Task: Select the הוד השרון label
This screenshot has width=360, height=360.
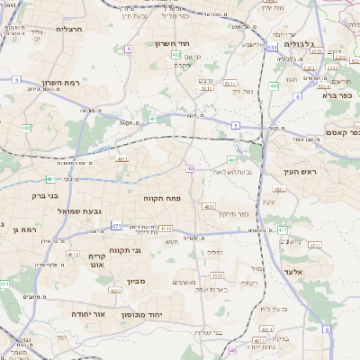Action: point(194,44)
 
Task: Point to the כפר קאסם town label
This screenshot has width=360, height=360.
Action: point(341,131)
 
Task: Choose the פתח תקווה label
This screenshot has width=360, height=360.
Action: point(163,196)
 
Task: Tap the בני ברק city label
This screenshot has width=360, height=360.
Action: point(44,194)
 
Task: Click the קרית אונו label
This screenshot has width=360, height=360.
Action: point(96,260)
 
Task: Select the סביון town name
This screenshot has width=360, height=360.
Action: point(156,282)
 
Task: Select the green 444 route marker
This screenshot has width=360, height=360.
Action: point(273,86)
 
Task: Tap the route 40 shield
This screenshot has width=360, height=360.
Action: point(190,168)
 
